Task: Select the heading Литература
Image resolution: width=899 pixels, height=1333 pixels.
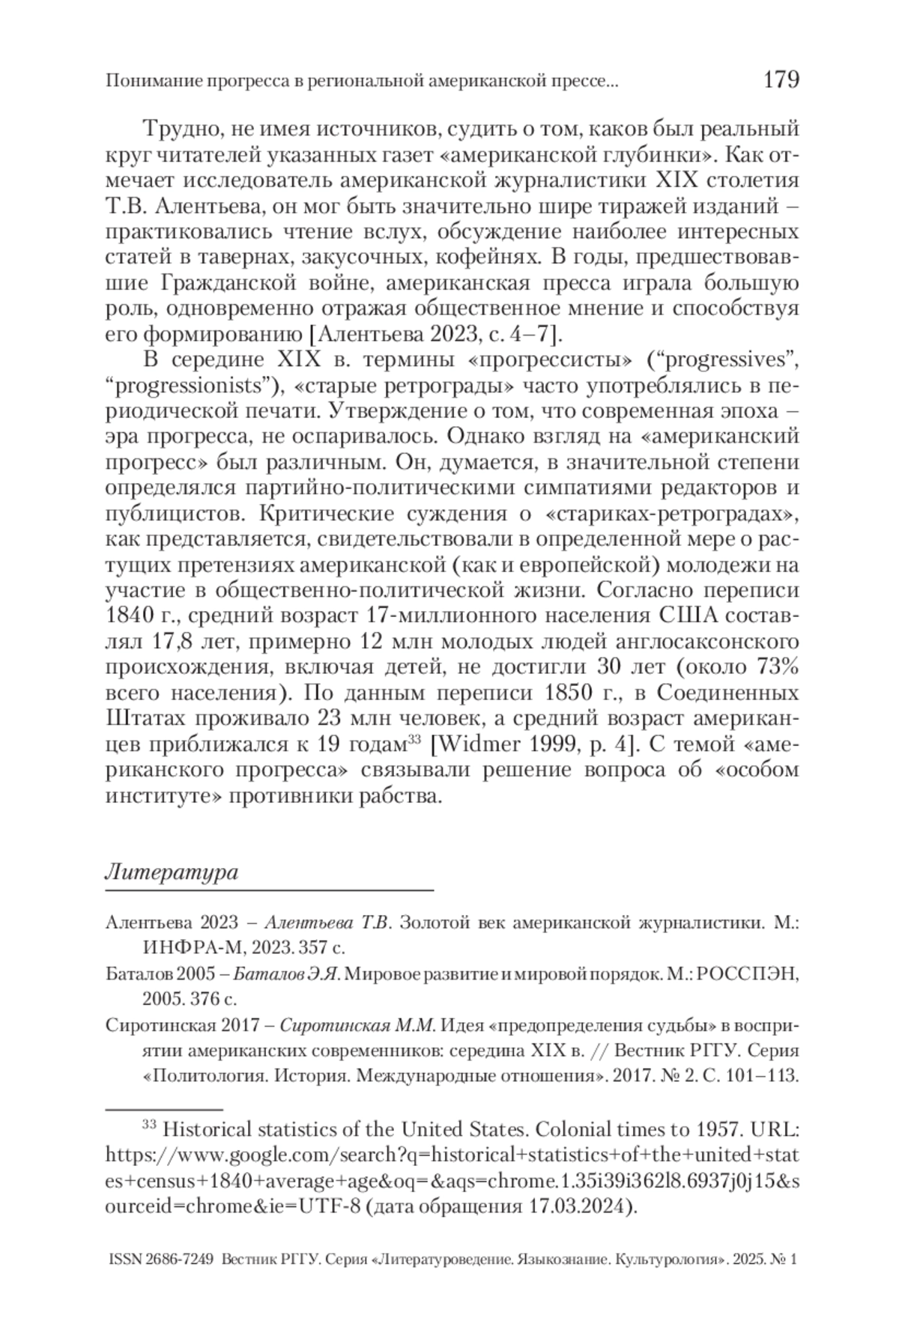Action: pos(172,872)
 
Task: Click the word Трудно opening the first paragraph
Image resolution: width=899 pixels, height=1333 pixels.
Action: pos(178,129)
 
